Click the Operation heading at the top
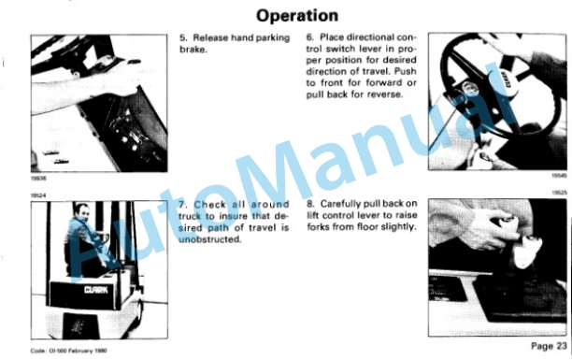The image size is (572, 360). point(297,16)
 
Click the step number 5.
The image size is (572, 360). point(183,38)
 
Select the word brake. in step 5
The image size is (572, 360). point(193,50)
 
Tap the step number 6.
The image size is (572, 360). point(309,37)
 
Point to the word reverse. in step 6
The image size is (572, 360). point(385,94)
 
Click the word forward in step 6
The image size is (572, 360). point(384,83)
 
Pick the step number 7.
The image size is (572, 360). point(183,205)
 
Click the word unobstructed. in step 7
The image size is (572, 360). point(210,239)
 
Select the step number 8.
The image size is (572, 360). point(310,204)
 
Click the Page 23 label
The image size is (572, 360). point(549,346)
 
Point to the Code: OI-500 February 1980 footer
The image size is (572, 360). point(68,351)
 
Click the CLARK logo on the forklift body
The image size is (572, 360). point(96,290)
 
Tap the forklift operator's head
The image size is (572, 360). point(82,211)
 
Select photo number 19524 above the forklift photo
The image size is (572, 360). point(38,195)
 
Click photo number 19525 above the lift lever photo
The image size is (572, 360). point(559,193)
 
